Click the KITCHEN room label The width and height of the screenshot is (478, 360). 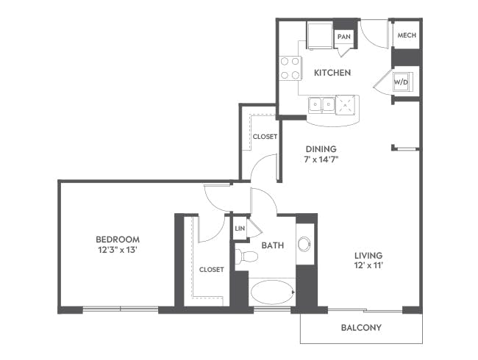point(332,73)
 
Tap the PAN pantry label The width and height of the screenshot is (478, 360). point(344,37)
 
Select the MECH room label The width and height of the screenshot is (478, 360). point(407,35)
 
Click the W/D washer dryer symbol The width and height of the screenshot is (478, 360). point(401,82)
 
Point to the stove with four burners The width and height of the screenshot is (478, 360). point(290,68)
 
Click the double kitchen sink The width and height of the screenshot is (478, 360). point(321,105)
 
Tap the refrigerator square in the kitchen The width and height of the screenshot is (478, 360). point(319,35)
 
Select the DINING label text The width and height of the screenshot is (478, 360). point(321,149)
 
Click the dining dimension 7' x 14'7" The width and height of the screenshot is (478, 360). point(321,159)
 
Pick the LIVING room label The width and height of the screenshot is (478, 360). point(368,255)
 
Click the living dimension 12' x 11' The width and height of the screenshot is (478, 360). point(368,265)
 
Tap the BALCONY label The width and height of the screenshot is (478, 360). point(361,328)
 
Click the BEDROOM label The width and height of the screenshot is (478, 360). point(118,240)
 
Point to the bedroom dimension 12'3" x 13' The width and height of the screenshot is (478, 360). point(117,250)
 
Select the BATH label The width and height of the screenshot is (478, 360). point(273,245)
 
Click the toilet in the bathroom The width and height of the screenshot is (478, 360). point(246,256)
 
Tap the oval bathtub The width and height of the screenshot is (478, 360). point(272,292)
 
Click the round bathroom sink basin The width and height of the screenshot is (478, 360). point(304,244)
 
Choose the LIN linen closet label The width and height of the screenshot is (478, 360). point(240,228)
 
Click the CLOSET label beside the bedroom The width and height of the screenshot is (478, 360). point(211,270)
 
